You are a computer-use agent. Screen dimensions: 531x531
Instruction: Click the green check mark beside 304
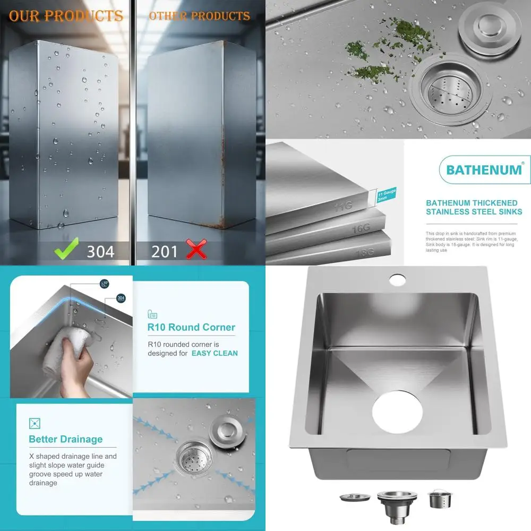coord(67,249)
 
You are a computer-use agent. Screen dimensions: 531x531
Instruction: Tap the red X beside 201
coord(195,249)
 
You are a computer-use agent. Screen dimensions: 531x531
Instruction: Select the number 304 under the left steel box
coord(100,251)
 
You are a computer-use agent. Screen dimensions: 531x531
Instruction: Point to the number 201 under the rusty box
coord(164,251)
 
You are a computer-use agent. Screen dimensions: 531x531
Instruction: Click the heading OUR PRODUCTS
coord(66,16)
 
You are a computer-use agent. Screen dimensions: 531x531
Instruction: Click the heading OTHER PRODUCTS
coord(199,15)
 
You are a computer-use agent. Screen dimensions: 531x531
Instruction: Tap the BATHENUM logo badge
coord(484,169)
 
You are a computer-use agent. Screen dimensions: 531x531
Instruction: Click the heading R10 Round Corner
coord(191,327)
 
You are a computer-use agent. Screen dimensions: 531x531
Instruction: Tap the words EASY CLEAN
coord(215,353)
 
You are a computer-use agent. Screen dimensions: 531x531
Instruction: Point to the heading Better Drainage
coord(65,439)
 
